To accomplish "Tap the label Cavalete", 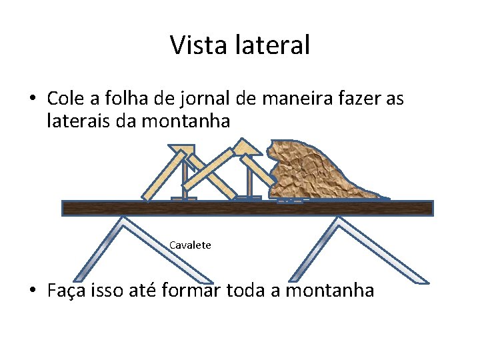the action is coord(190,245).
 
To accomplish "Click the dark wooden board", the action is coord(247,208).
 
